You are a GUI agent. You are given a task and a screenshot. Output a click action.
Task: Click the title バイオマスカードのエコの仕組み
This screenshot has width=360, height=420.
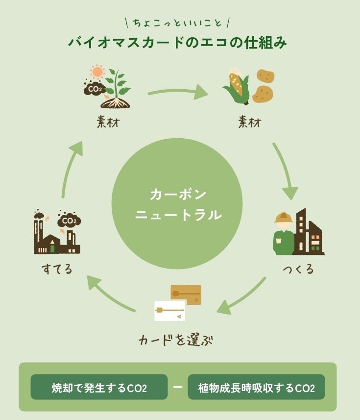coord(177,42)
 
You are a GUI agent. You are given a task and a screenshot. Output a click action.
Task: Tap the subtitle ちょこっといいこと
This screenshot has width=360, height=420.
coord(177,22)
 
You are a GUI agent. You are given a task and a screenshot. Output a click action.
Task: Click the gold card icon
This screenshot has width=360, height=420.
coord(186,294)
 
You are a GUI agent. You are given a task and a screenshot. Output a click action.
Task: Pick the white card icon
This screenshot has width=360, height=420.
coord(169,311)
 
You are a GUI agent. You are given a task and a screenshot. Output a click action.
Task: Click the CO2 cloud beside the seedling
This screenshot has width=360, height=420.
coord(94,89)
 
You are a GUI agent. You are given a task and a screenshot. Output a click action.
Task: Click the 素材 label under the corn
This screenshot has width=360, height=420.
coord(249,122)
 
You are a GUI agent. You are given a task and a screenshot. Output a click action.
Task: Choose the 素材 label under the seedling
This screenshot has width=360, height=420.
coord(108,122)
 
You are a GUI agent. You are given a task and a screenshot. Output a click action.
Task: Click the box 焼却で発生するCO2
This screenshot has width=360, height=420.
coord(99,388)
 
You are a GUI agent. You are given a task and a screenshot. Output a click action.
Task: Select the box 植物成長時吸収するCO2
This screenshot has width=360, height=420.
coord(256,388)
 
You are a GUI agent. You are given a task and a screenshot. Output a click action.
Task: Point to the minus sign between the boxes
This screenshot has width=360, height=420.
coord(178,387)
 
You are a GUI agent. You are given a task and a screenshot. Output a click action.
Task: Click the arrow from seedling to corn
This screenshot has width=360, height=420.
coord(178,91)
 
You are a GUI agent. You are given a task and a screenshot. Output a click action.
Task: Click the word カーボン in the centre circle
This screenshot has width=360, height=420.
coord(178,195)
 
